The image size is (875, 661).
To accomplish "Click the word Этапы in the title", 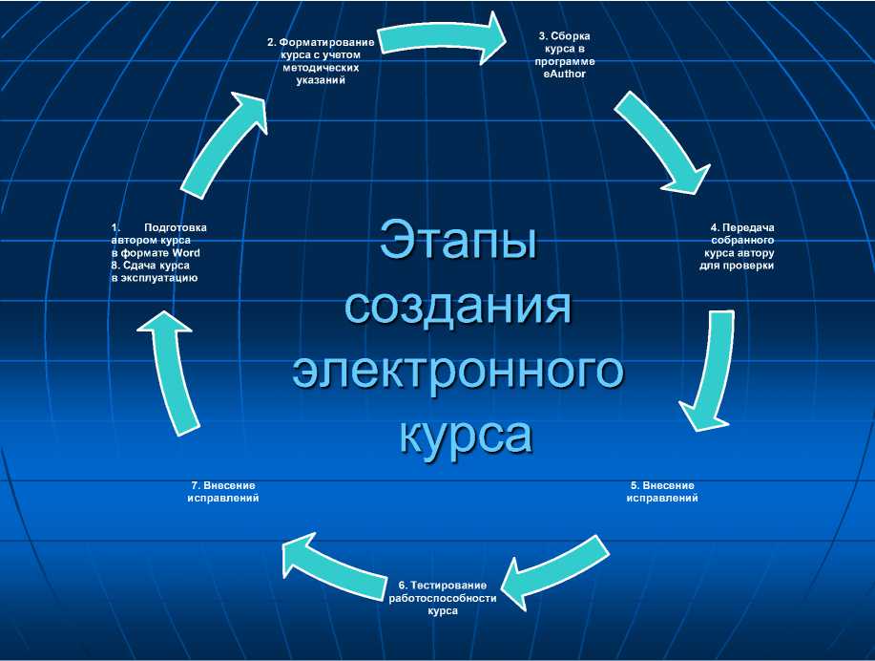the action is [457, 240].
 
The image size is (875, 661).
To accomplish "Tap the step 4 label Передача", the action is [748, 227].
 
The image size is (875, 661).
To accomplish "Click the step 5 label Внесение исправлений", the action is [662, 491].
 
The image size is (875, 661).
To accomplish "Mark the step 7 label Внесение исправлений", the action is [223, 491].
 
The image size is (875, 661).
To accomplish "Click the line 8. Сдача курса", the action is [150, 265].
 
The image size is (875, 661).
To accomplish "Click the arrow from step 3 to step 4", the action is [663, 141].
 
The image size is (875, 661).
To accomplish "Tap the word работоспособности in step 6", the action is [443, 598].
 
